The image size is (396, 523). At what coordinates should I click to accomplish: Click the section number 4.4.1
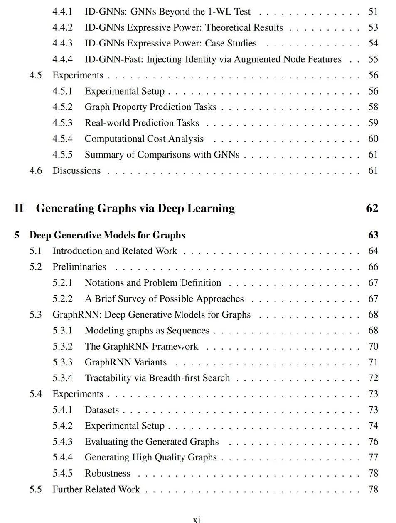click(62, 12)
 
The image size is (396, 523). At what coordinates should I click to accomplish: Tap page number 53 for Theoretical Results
click(373, 27)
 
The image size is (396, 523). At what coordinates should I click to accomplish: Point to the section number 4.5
click(35, 75)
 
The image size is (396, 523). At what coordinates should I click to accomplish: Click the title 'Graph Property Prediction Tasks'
click(150, 107)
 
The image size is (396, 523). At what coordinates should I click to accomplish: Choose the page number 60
click(373, 139)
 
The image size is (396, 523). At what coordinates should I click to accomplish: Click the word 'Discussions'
click(76, 170)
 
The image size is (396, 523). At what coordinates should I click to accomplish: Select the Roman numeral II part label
click(19, 208)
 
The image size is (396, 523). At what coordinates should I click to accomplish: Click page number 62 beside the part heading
click(372, 208)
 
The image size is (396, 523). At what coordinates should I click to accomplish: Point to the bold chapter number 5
click(17, 235)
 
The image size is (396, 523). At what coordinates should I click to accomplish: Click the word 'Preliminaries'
click(79, 267)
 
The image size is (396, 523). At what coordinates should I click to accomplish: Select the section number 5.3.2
click(62, 346)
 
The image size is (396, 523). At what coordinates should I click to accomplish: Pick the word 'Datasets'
click(102, 410)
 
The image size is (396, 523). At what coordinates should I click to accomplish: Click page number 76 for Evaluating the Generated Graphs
click(373, 442)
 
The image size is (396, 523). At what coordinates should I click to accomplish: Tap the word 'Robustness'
click(107, 473)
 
